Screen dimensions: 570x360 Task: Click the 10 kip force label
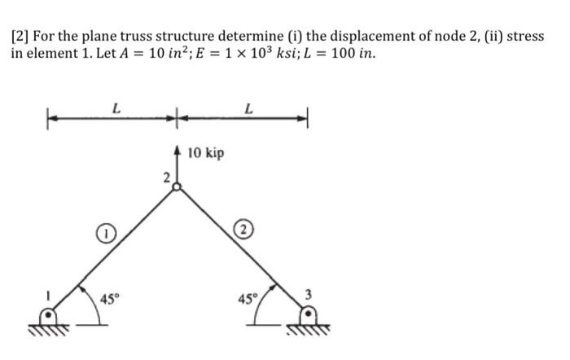pyautogui.click(x=205, y=153)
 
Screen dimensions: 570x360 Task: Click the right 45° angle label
pyautogui.click(x=244, y=297)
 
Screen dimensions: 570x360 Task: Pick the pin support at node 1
pyautogui.click(x=51, y=314)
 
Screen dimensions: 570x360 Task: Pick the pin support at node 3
pyautogui.click(x=309, y=314)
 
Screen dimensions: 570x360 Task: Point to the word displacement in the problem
pyautogui.click(x=349, y=38)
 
